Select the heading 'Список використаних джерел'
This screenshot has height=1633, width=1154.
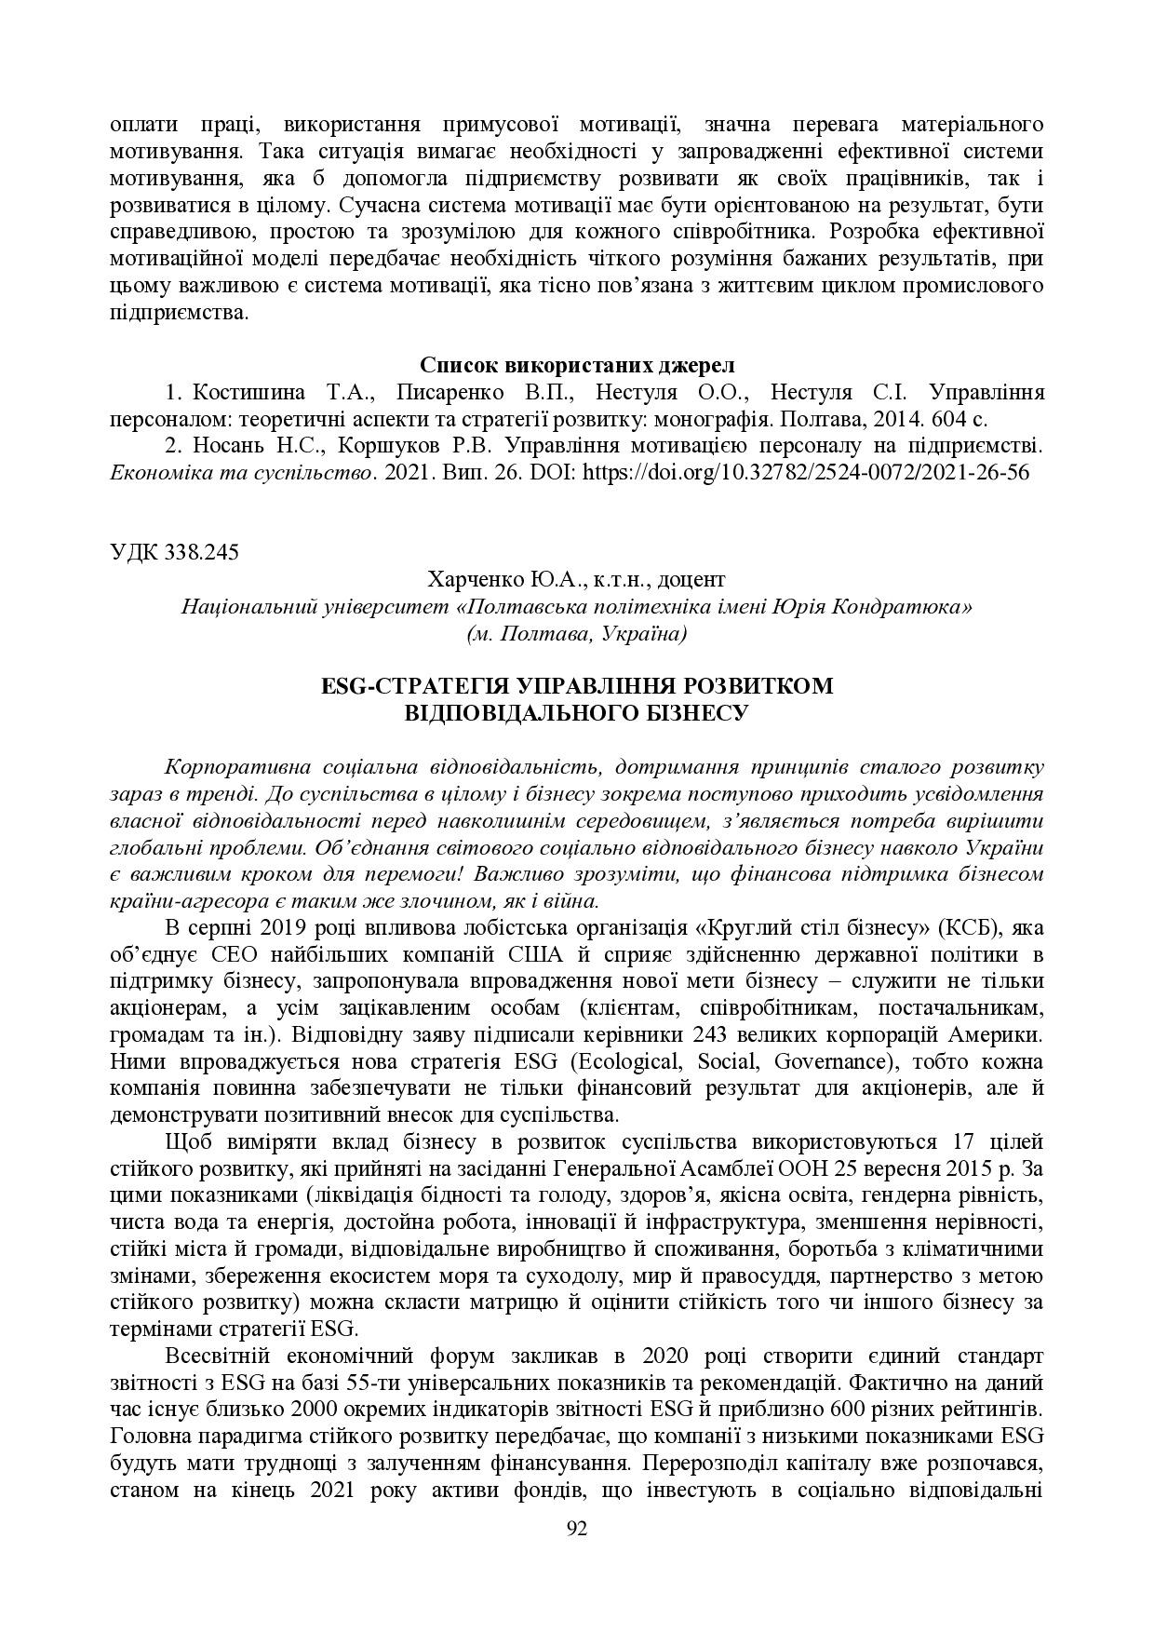[x=577, y=363]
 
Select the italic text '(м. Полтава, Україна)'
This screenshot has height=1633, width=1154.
[x=577, y=634]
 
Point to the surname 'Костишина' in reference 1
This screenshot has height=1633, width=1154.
[x=240, y=391]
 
